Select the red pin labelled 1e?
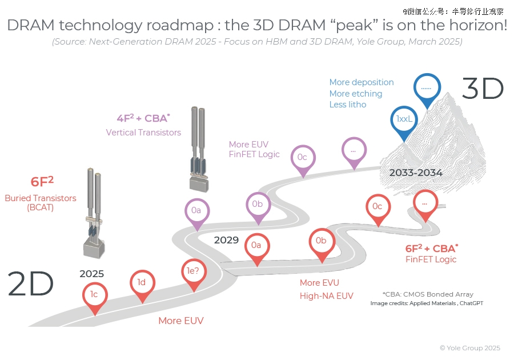click(194, 274)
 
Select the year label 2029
click(226, 240)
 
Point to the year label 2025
click(91, 274)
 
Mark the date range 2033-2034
click(416, 173)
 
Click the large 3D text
click(483, 89)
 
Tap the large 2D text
click(30, 283)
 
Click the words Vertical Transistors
click(143, 133)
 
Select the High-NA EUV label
click(327, 296)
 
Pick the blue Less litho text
click(348, 105)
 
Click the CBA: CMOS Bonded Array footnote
click(428, 294)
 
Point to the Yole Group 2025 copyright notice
click(470, 348)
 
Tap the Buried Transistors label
click(41, 198)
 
